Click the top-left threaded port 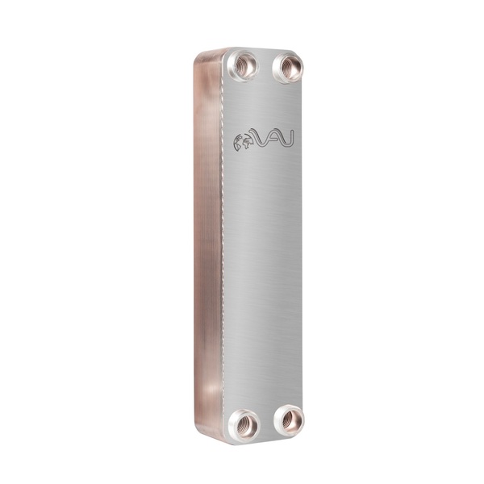(243, 66)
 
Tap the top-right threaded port (288, 69)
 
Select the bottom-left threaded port (244, 424)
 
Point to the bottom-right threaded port (289, 419)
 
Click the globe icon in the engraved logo (243, 143)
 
